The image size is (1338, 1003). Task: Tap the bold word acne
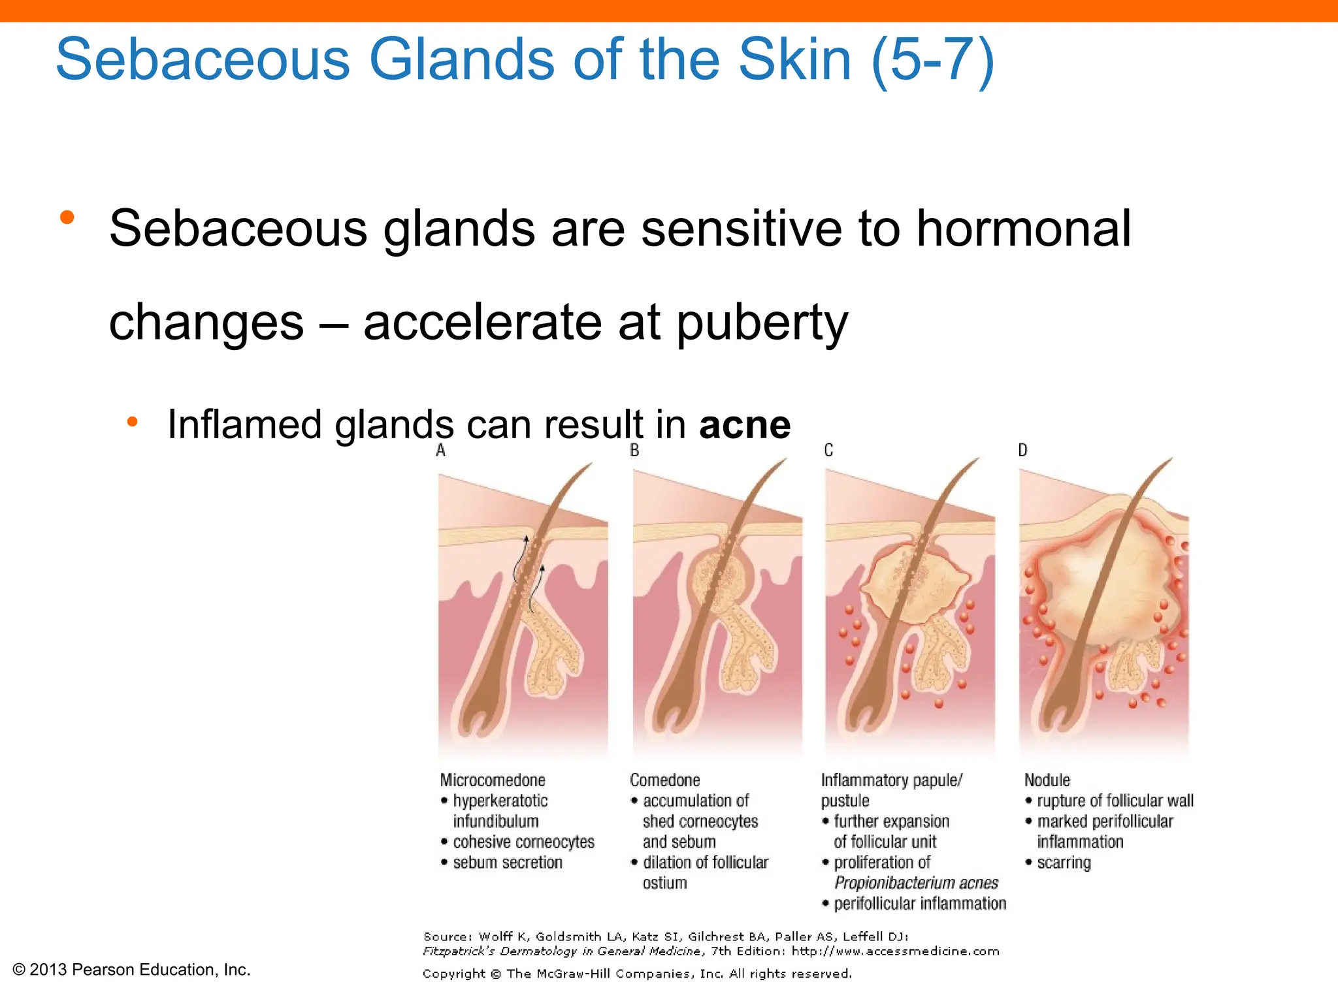click(x=745, y=424)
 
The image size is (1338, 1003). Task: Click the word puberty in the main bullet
click(x=762, y=323)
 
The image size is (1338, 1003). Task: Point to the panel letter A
click(x=441, y=450)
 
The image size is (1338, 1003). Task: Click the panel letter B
click(x=634, y=450)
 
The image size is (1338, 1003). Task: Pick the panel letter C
click(x=828, y=450)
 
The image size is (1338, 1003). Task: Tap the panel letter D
click(x=1022, y=450)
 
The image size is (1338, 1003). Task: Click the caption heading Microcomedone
click(x=493, y=780)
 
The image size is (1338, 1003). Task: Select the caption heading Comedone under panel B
click(x=664, y=780)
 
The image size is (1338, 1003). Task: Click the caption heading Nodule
click(x=1047, y=780)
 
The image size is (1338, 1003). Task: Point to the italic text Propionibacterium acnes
click(x=916, y=884)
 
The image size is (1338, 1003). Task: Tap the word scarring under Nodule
click(x=1064, y=863)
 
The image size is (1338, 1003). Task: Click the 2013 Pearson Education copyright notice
click(x=131, y=970)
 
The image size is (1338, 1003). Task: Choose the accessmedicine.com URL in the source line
click(x=895, y=951)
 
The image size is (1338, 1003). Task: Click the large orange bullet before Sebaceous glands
click(x=67, y=218)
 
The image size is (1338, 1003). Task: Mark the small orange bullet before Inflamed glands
click(x=132, y=422)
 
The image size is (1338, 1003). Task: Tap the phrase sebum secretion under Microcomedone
click(x=508, y=863)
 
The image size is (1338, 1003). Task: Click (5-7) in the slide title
click(x=933, y=59)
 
